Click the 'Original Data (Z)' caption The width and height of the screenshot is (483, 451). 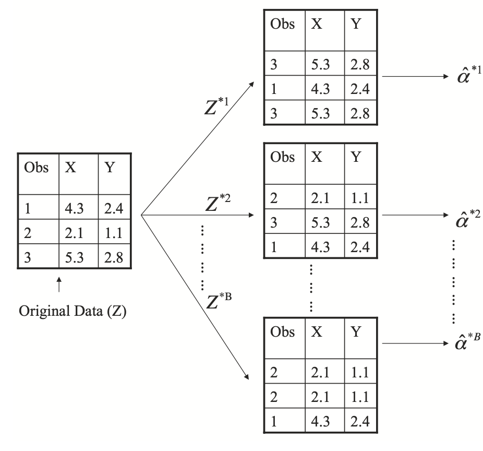pyautogui.click(x=73, y=314)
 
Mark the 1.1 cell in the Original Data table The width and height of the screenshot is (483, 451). pyautogui.click(x=113, y=233)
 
